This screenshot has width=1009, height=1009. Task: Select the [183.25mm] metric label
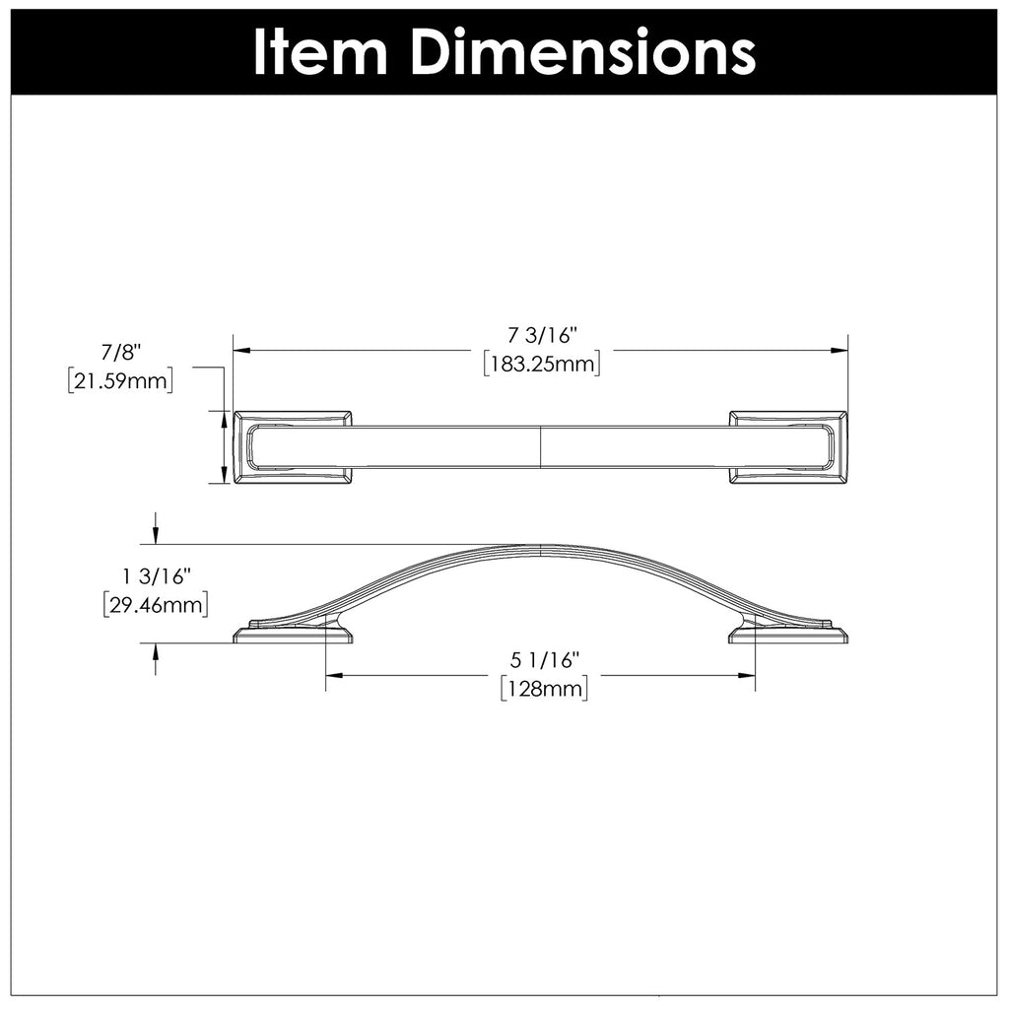coord(542,364)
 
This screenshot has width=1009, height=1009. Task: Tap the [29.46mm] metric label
coord(156,603)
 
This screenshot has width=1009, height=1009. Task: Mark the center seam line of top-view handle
coord(541,447)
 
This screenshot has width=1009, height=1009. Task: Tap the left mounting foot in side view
coord(293,632)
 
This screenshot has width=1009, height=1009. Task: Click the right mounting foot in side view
coord(787,632)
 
